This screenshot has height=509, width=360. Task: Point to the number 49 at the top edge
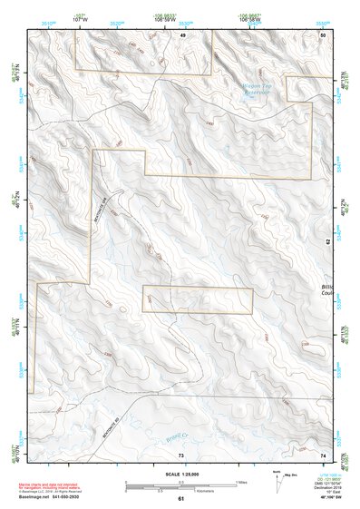(x=181, y=34)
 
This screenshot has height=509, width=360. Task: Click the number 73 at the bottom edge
(x=180, y=454)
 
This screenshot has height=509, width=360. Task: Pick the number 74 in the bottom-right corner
(x=323, y=454)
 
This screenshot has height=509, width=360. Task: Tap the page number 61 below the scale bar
(x=180, y=499)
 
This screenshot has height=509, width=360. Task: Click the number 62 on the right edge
(x=328, y=241)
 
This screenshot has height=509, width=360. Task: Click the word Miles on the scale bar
(x=242, y=481)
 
